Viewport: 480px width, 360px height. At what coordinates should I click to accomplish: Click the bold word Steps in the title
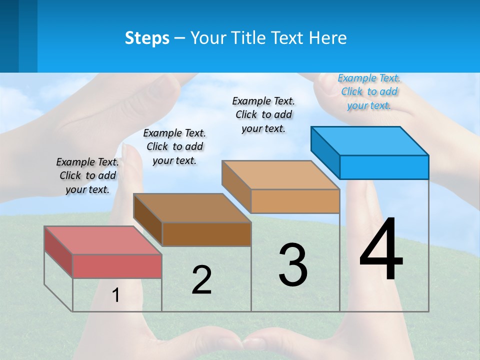pyautogui.click(x=147, y=38)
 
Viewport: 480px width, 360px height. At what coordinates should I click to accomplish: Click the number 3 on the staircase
pyautogui.click(x=293, y=265)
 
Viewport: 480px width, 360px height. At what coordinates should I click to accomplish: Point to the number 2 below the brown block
pyautogui.click(x=201, y=280)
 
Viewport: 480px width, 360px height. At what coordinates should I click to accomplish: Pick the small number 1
pyautogui.click(x=116, y=295)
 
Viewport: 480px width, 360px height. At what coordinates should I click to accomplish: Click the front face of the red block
pyautogui.click(x=117, y=266)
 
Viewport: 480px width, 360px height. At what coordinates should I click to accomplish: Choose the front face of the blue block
pyautogui.click(x=384, y=167)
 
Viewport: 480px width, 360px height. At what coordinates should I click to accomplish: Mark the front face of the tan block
pyautogui.click(x=295, y=201)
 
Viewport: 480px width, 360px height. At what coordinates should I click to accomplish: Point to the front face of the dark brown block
pyautogui.click(x=206, y=234)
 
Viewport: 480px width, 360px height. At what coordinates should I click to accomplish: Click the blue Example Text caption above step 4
pyautogui.click(x=369, y=91)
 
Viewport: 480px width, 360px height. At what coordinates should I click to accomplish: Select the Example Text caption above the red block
pyautogui.click(x=87, y=175)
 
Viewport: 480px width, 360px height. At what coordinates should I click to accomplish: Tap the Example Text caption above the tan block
pyautogui.click(x=263, y=114)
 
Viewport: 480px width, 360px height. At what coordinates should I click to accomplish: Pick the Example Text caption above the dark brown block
pyautogui.click(x=174, y=146)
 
